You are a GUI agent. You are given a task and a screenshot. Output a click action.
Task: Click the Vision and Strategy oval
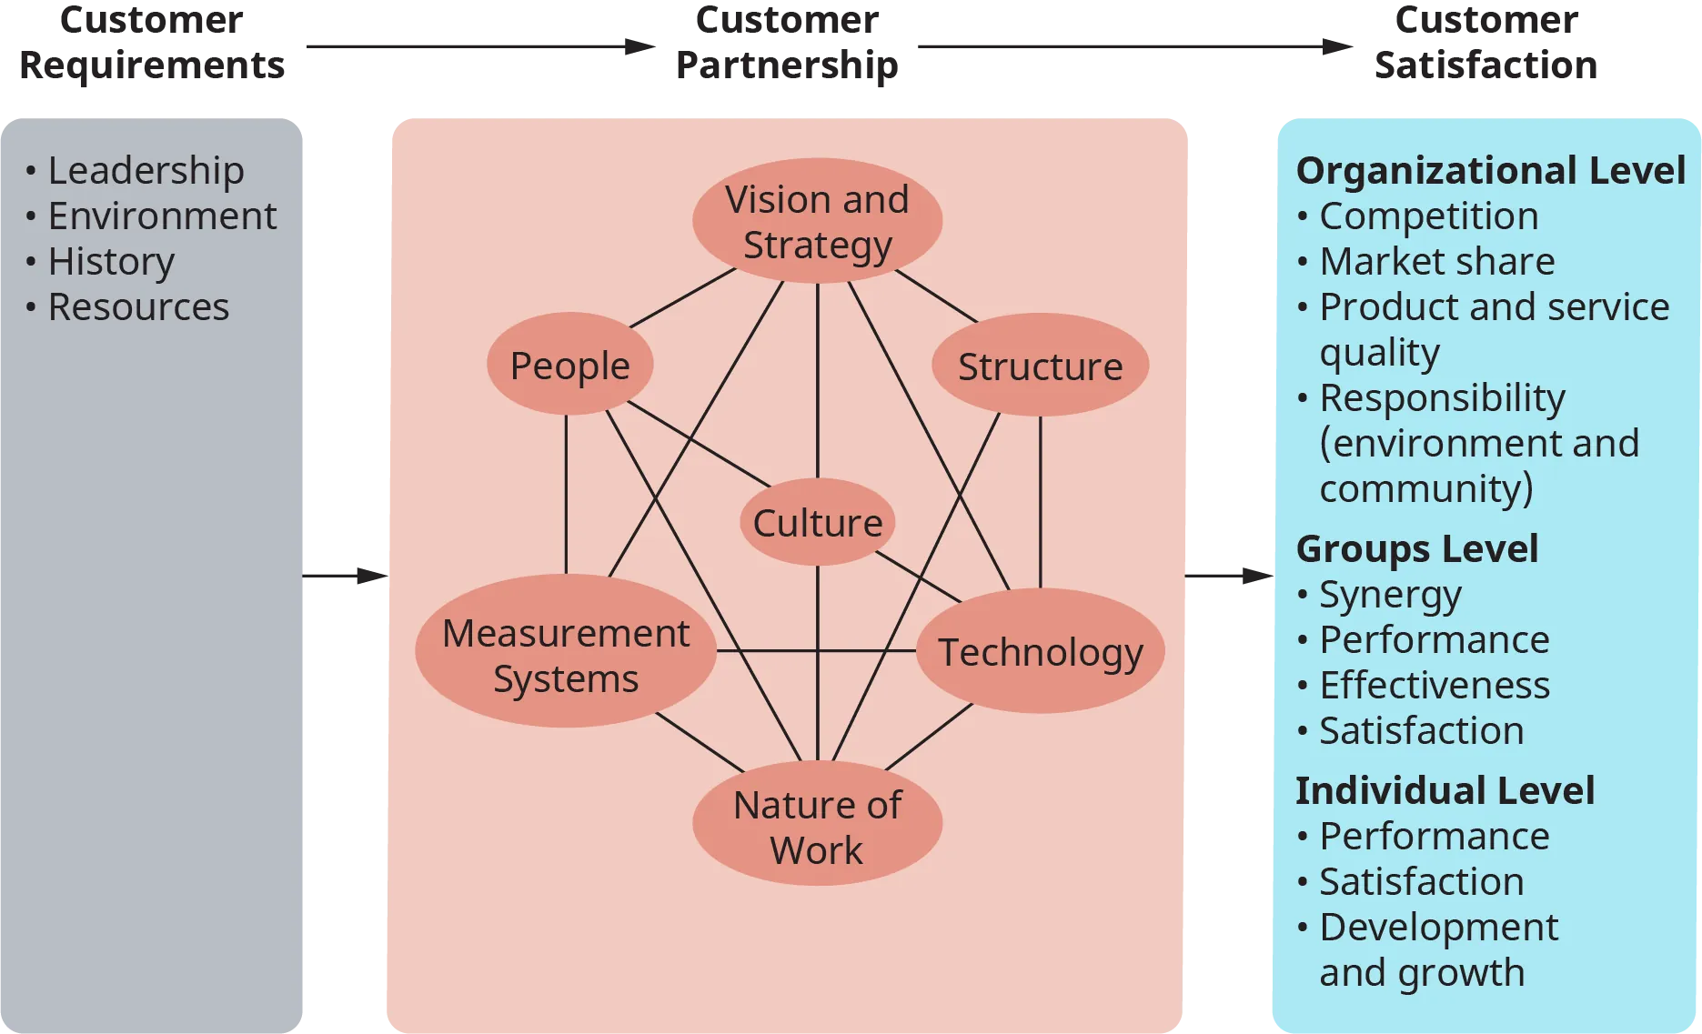click(817, 221)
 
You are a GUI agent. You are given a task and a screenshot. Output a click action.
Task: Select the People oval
click(569, 365)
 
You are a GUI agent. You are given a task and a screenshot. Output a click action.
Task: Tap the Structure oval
click(1040, 366)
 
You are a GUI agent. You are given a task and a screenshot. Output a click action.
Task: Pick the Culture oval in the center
click(817, 522)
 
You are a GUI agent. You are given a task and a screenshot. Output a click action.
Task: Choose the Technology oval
click(1040, 651)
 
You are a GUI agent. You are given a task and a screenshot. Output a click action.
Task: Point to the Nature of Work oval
click(817, 824)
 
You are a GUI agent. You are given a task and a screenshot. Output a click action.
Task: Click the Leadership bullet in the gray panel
click(146, 170)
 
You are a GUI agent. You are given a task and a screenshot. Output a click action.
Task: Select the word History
click(111, 261)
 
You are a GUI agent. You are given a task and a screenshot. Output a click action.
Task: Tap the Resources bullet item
click(138, 306)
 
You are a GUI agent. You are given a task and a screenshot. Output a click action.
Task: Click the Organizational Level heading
click(1490, 170)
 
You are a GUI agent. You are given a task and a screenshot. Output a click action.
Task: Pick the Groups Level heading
click(1416, 548)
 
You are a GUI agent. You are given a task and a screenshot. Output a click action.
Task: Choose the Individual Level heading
click(1445, 790)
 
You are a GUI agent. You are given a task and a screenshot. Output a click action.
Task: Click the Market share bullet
click(1436, 261)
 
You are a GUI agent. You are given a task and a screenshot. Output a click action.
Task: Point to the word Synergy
click(1390, 596)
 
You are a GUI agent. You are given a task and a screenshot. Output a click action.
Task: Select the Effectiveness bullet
click(1435, 685)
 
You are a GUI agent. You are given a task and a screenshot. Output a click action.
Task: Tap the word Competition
click(1428, 216)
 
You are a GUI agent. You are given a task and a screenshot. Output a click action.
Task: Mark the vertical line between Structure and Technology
click(1040, 500)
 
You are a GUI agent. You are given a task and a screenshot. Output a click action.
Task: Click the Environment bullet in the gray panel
click(162, 216)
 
